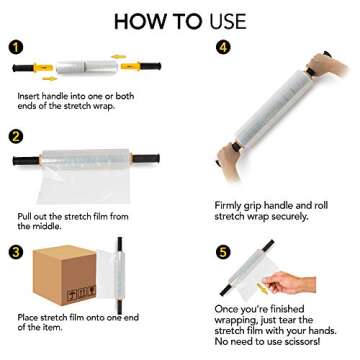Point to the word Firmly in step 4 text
(229, 177)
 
